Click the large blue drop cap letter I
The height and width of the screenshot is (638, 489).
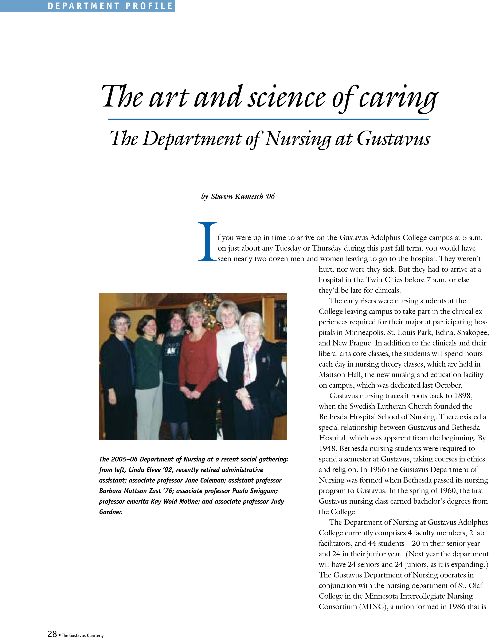click(x=207, y=242)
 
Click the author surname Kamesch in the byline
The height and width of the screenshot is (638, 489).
click(x=249, y=197)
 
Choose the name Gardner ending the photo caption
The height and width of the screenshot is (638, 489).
click(x=111, y=512)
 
